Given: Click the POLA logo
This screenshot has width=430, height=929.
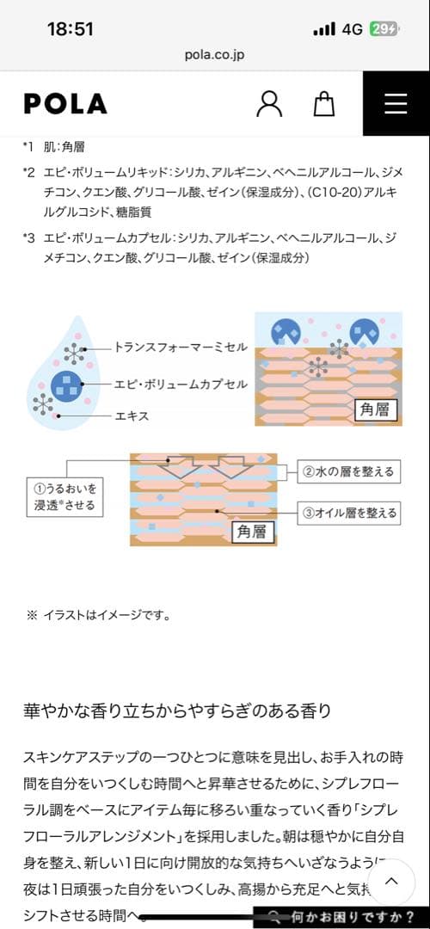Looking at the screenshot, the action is [x=65, y=104].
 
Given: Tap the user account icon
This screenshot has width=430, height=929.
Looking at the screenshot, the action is [x=269, y=104].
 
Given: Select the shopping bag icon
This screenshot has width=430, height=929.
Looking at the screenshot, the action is [x=324, y=104].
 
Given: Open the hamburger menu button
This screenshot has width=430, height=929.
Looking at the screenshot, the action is [x=396, y=104].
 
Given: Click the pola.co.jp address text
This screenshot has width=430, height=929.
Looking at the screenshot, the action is [x=214, y=55].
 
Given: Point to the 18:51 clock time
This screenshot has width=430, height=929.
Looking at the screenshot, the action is [x=70, y=29].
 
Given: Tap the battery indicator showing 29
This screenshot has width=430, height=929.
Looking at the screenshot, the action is [x=384, y=29].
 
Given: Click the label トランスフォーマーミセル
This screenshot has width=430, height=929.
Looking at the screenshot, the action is [x=181, y=348].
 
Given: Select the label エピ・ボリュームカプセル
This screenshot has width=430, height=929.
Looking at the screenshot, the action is [x=181, y=384].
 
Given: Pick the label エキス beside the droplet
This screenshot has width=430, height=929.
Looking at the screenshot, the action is [x=132, y=416].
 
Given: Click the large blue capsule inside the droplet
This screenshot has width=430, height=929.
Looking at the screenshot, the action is [x=65, y=385].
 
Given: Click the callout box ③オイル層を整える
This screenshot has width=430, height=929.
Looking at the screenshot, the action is [x=347, y=513].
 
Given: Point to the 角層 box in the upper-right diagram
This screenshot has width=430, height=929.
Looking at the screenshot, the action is [x=376, y=409].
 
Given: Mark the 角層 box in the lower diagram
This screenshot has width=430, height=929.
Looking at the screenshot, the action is [x=252, y=532].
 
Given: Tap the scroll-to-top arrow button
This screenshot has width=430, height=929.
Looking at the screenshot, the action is [x=391, y=881].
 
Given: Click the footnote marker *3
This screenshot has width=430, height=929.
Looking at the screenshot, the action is [x=29, y=238].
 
